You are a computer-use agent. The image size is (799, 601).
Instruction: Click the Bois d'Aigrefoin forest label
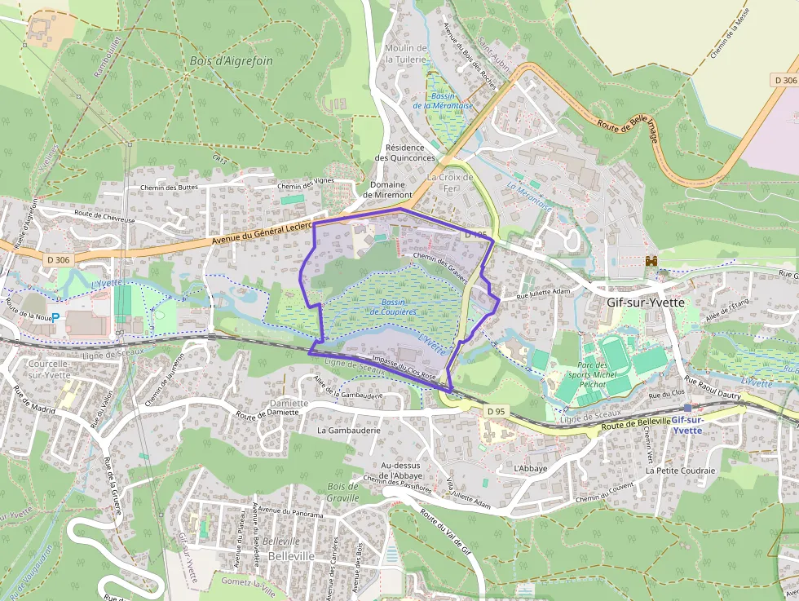point(231,61)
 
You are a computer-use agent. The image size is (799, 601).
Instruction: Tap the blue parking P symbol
point(55,316)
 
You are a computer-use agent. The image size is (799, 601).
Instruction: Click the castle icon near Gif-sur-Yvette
point(651,261)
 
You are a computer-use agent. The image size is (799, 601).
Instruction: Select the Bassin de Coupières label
point(393,307)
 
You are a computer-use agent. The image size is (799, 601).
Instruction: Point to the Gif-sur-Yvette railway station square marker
point(687,408)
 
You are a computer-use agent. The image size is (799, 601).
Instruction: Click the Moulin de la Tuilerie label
point(405,54)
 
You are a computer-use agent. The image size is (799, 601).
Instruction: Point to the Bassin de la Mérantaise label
point(443,101)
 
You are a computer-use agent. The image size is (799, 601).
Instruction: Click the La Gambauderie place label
point(349,429)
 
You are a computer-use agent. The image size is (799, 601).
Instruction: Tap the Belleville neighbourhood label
point(291,555)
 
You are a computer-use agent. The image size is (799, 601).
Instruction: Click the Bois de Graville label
point(342,492)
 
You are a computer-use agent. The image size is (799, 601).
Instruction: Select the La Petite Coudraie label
point(680,471)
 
